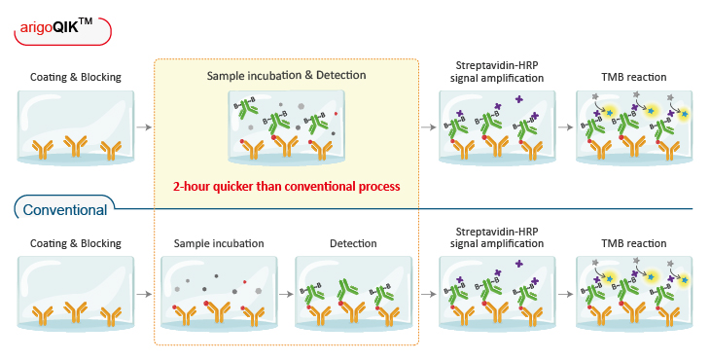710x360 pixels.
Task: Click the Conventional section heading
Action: (x=64, y=209)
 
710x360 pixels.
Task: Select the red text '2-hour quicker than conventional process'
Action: (x=286, y=186)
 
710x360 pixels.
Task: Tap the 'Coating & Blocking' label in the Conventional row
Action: (x=76, y=243)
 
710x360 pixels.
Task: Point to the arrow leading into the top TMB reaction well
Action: (x=565, y=126)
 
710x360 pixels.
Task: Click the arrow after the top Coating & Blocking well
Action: (x=144, y=126)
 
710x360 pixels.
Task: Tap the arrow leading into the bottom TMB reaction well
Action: (x=565, y=292)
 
